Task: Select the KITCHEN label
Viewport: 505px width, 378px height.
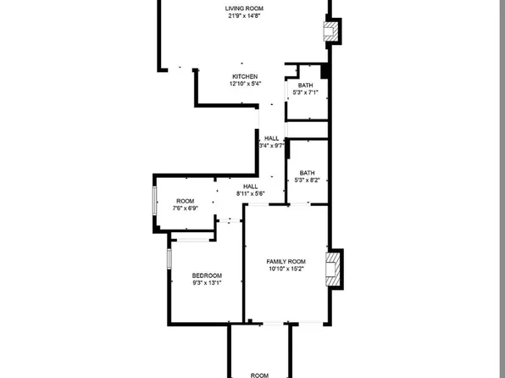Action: click(x=245, y=76)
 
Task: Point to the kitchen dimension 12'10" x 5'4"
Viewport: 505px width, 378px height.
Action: click(x=245, y=84)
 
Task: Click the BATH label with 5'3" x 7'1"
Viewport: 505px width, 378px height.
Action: click(x=306, y=85)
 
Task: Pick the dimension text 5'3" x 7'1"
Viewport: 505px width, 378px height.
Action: click(x=306, y=92)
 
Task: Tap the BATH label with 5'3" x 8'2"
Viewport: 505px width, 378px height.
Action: click(x=307, y=173)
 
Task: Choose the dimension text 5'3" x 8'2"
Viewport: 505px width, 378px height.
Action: click(x=307, y=180)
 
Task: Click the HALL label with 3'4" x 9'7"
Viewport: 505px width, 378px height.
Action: click(x=271, y=138)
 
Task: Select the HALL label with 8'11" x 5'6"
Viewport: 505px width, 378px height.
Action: click(x=251, y=186)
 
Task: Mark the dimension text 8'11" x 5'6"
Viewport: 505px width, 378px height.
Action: click(x=251, y=194)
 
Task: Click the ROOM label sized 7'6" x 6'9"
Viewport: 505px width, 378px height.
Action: click(x=185, y=201)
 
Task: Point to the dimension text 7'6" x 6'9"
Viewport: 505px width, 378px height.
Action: click(x=185, y=208)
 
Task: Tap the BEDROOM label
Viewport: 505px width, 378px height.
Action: click(x=207, y=275)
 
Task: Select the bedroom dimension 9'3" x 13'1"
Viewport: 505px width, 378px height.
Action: click(x=207, y=283)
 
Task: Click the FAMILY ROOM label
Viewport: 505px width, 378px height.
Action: click(x=286, y=262)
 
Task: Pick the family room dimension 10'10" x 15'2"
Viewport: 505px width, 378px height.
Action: click(x=286, y=270)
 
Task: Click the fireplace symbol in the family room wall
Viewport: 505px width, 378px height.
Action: click(x=336, y=269)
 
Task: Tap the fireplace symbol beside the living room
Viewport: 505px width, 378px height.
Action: click(x=333, y=32)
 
